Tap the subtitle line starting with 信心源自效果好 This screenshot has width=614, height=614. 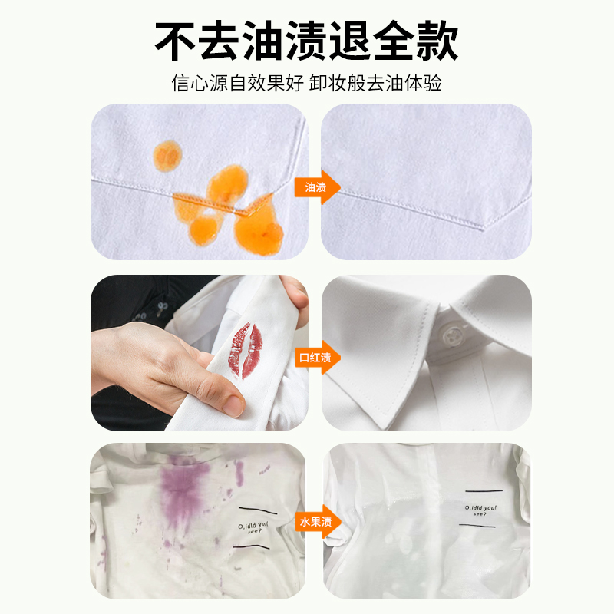(x=307, y=83)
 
